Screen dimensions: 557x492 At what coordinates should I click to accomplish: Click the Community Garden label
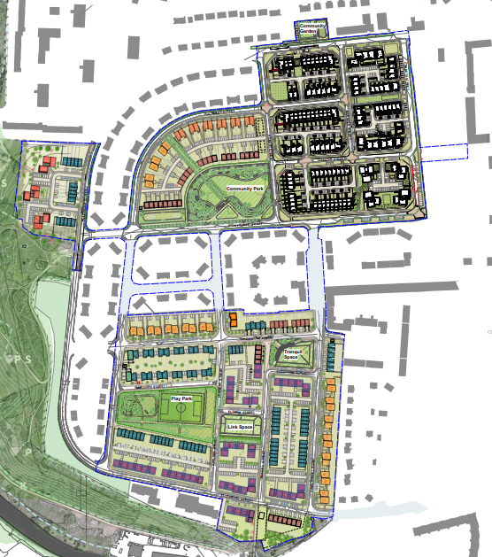point(312,28)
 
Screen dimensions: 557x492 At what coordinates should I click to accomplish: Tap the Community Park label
point(245,189)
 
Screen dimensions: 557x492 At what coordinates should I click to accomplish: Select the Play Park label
point(182,398)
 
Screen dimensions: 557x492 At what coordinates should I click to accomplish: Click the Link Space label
point(240,428)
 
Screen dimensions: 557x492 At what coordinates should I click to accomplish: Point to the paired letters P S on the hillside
point(16,359)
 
